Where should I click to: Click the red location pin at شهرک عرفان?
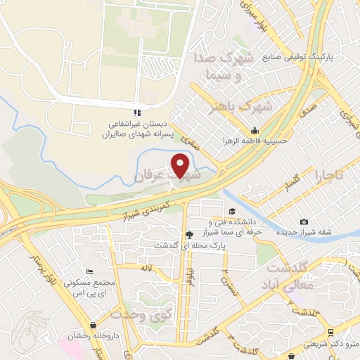(x=181, y=166)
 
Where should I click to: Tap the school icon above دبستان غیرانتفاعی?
(x=138, y=112)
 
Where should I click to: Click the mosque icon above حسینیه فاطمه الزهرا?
(x=255, y=130)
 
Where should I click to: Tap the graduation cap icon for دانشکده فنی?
(x=231, y=210)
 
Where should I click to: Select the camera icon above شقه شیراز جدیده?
(x=304, y=221)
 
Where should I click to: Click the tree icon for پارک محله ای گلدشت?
(x=188, y=235)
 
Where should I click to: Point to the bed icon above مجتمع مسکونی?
(x=89, y=272)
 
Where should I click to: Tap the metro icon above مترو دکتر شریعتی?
(x=330, y=332)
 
